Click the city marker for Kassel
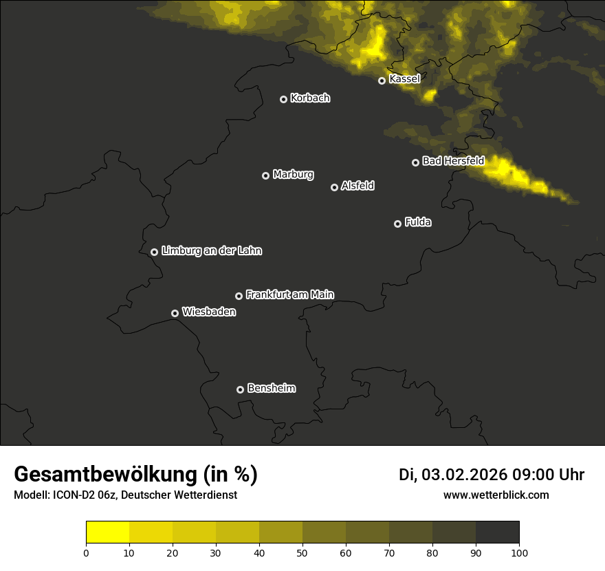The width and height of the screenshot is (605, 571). tap(382, 80)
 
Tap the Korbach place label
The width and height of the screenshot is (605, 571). tap(310, 98)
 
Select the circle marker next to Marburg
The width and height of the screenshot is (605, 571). tap(265, 175)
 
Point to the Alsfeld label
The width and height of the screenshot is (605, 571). tap(357, 186)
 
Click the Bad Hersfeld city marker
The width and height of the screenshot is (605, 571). tap(415, 162)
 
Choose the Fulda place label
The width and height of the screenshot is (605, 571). tap(418, 222)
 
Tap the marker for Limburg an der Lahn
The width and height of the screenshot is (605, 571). tap(154, 252)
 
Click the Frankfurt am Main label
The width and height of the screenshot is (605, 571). tap(289, 294)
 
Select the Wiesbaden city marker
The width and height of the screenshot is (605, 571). tap(175, 313)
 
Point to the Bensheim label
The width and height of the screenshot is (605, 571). tap(271, 388)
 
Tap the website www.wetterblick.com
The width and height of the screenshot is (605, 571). tap(496, 495)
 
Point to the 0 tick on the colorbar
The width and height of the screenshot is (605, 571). tap(86, 552)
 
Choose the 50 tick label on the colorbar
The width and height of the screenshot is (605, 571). tap(302, 552)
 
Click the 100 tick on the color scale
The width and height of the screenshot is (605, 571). tap(519, 552)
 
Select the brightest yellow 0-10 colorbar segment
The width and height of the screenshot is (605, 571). tap(107, 532)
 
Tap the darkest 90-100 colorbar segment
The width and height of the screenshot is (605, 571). tap(497, 532)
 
